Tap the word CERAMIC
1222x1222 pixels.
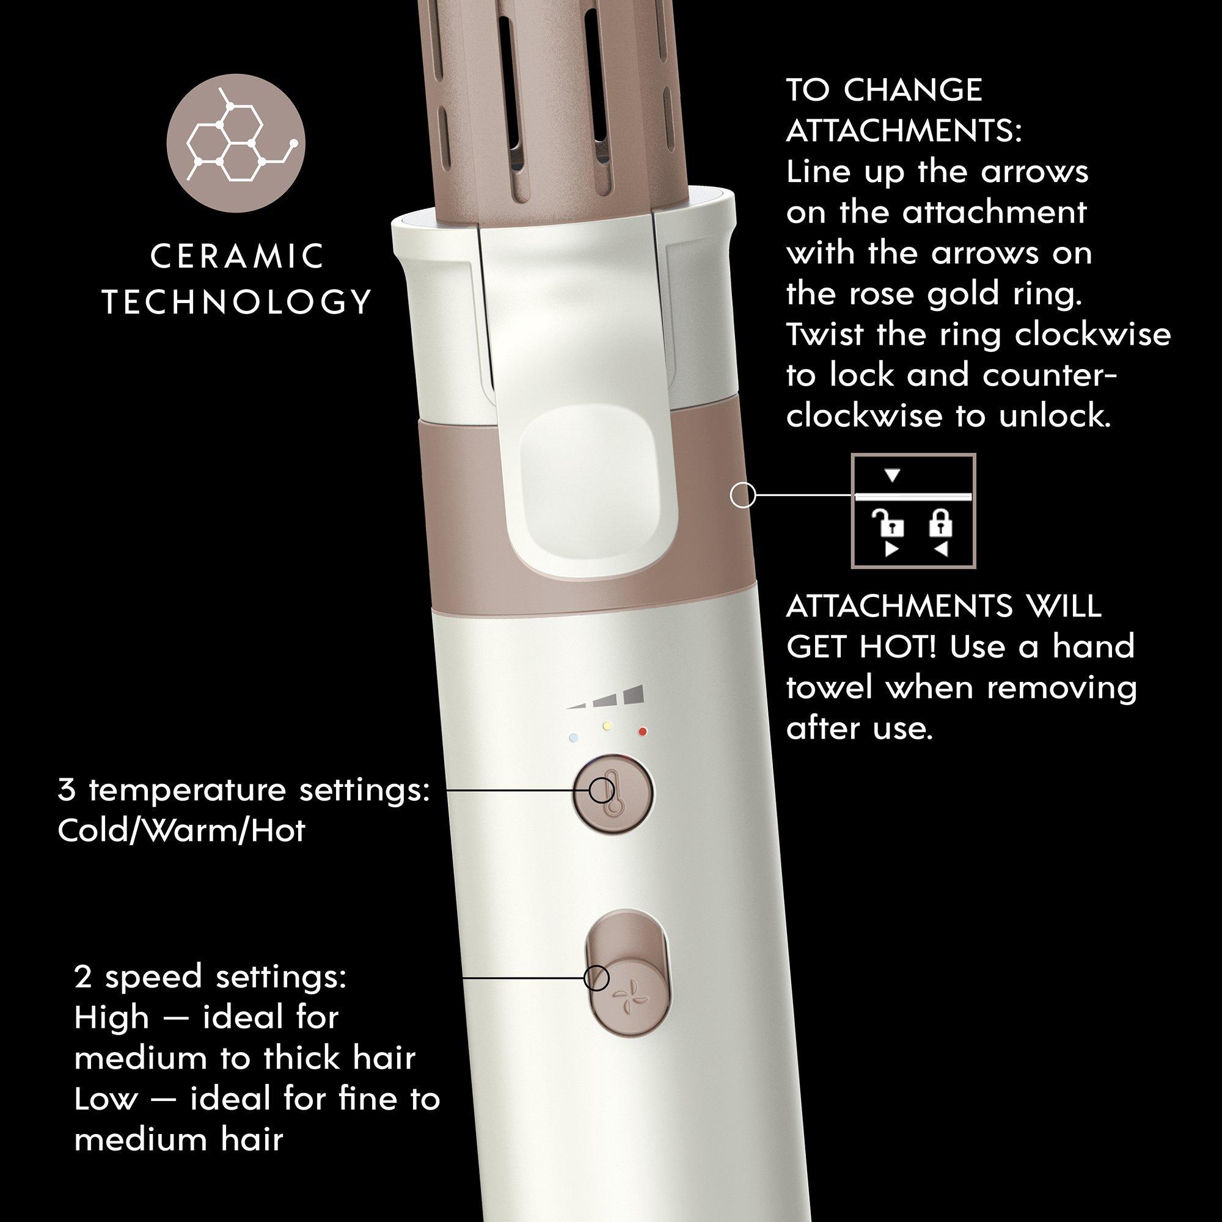click(x=238, y=257)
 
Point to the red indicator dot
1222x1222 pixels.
click(x=643, y=732)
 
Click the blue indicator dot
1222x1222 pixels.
click(x=573, y=737)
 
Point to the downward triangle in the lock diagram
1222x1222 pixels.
click(x=893, y=475)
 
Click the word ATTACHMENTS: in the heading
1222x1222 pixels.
click(x=904, y=131)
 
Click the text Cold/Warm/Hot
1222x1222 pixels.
click(x=181, y=830)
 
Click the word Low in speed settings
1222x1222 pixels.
click(x=106, y=1100)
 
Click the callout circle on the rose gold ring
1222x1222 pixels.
click(x=743, y=496)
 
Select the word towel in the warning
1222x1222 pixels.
click(x=830, y=687)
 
